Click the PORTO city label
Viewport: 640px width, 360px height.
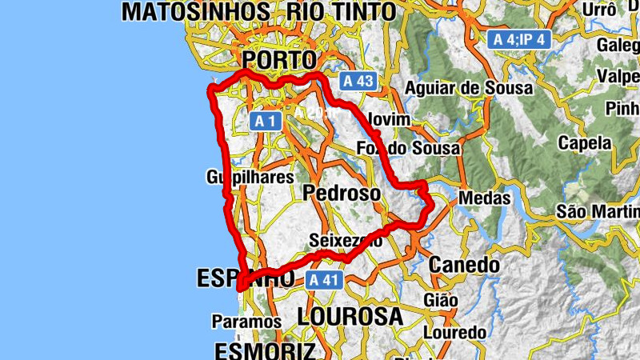[x=279, y=60]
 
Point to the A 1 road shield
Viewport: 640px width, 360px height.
[x=266, y=121]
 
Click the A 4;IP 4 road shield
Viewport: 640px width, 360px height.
[x=520, y=38]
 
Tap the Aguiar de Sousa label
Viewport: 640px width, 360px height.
[x=469, y=89]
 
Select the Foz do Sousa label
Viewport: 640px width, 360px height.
[x=409, y=148]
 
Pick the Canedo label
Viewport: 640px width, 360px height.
[x=465, y=264]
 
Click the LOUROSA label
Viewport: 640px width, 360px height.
[x=350, y=316]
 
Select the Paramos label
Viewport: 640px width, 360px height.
[x=246, y=322]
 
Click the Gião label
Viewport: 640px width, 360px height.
[x=442, y=300]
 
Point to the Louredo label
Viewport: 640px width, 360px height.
[x=454, y=332]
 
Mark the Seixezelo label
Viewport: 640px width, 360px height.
[x=346, y=240]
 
